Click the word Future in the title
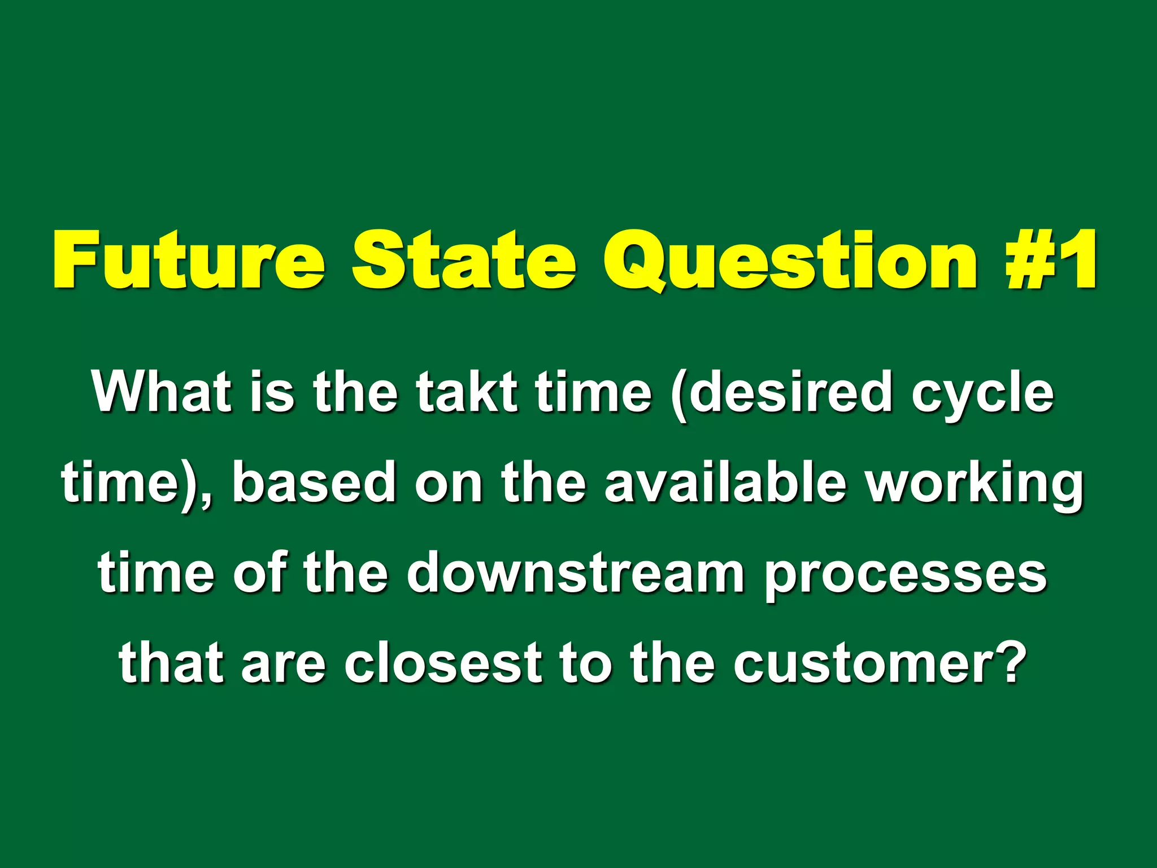189,261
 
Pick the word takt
467,392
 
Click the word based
314,482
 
